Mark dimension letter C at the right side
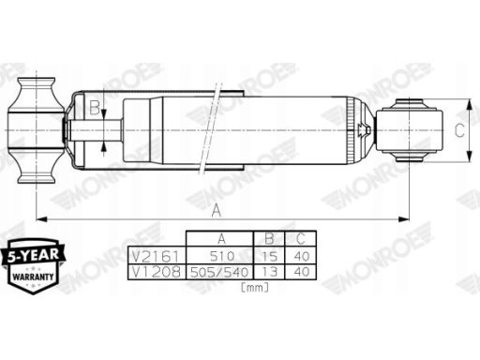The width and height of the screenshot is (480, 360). [x=460, y=131]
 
